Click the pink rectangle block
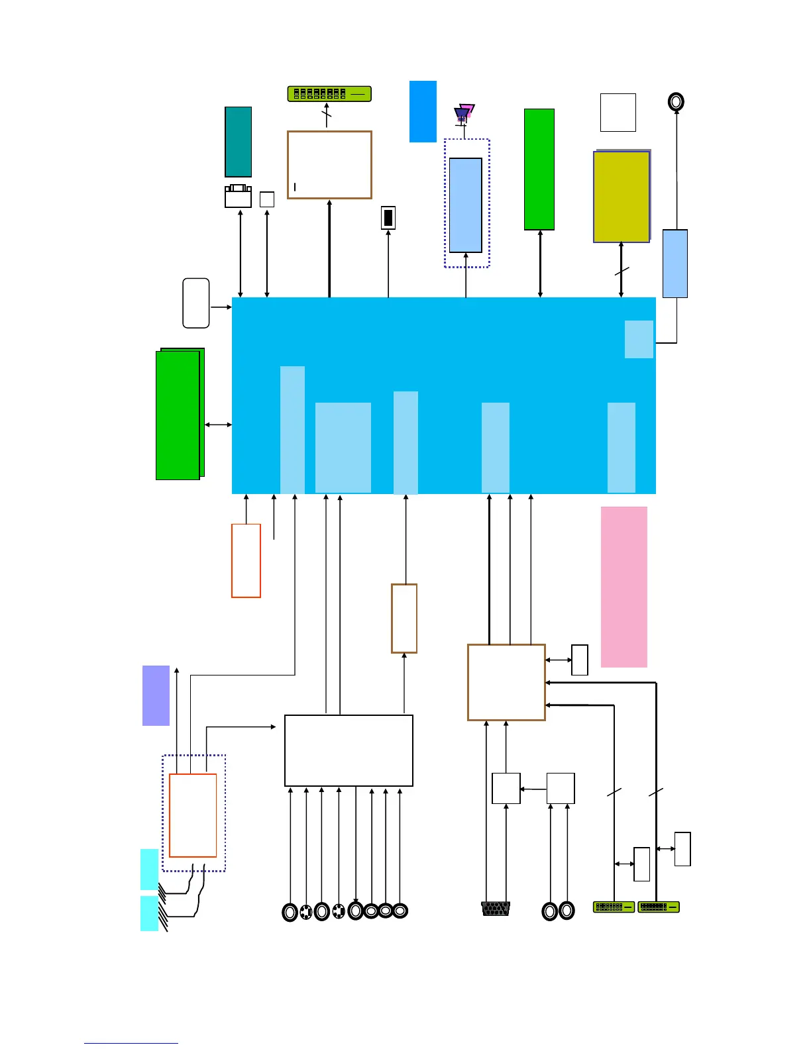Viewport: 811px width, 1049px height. (x=623, y=587)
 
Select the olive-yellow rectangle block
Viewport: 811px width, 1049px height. (x=621, y=197)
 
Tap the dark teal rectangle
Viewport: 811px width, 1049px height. (x=238, y=142)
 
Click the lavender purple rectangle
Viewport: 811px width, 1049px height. (x=156, y=695)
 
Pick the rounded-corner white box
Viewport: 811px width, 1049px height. (x=196, y=303)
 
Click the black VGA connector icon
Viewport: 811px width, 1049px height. (x=496, y=908)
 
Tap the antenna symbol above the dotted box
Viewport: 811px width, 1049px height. (x=464, y=114)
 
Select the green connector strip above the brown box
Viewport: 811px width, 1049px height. (x=329, y=94)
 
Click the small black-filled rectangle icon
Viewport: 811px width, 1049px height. (x=388, y=218)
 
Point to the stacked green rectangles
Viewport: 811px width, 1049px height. (x=178, y=415)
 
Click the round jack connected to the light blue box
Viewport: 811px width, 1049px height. (x=676, y=102)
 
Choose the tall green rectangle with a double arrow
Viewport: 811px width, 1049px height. (x=539, y=170)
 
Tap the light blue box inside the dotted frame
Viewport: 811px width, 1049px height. (x=466, y=205)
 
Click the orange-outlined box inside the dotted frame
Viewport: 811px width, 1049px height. (x=193, y=815)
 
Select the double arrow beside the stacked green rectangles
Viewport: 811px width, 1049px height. (x=218, y=425)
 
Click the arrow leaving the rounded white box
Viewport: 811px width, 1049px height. (x=221, y=307)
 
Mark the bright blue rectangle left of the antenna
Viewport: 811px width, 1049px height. (x=423, y=111)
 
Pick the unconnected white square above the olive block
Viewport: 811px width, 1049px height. (x=618, y=113)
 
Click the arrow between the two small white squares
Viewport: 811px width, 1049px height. (x=533, y=789)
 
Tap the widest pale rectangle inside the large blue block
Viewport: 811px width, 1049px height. (x=343, y=448)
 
